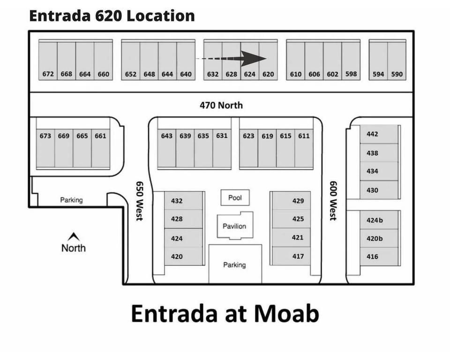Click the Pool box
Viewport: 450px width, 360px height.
coord(235,197)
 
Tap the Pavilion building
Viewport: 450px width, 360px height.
coord(234,226)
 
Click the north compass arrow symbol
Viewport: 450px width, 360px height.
coord(74,237)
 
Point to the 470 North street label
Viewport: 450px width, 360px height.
coord(221,105)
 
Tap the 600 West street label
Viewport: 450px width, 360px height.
coord(333,201)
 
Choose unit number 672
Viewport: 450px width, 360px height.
coord(48,74)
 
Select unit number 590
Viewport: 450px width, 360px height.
coord(397,74)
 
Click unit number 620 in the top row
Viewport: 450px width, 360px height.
coord(268,74)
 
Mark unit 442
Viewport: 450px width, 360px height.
coord(372,134)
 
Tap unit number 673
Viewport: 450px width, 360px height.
coord(45,136)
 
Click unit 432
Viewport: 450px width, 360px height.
coord(177,201)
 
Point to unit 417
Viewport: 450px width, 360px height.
coord(298,256)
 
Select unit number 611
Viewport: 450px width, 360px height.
coord(304,136)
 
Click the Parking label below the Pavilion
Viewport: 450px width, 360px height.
coord(234,265)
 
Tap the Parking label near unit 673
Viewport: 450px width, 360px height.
coord(71,200)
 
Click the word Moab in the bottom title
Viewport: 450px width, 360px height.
coord(286,313)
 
